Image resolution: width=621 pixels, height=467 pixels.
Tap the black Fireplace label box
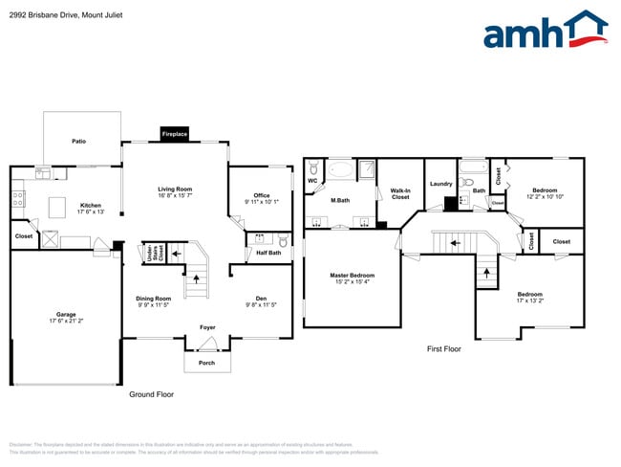(x=175, y=135)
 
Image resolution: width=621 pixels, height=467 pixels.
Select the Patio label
(x=79, y=142)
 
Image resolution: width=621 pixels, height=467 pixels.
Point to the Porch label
(x=207, y=363)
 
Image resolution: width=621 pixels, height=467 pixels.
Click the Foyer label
(x=207, y=327)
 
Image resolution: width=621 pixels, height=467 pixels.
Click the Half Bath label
(x=268, y=253)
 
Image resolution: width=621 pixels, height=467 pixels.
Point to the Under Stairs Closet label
(x=150, y=252)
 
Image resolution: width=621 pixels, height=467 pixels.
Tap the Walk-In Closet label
(x=400, y=194)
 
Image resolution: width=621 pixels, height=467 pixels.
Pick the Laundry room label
(x=440, y=183)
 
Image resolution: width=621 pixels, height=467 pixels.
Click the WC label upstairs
(x=312, y=180)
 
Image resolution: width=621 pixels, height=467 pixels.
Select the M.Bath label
(x=339, y=200)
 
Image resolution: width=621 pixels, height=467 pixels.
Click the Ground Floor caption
(x=151, y=394)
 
